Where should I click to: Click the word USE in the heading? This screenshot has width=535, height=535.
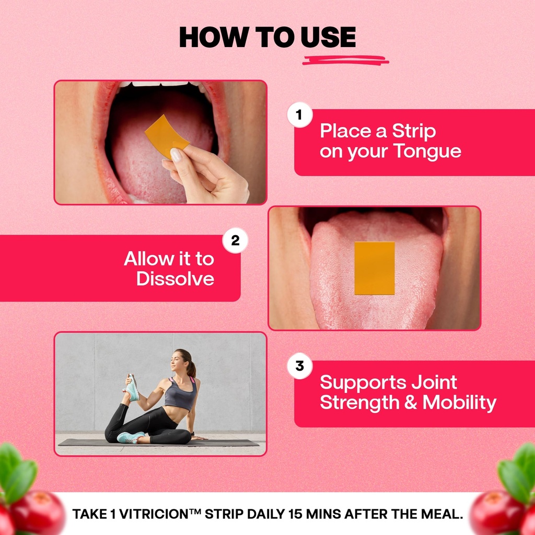click(x=328, y=37)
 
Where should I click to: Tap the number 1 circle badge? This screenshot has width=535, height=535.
click(x=299, y=115)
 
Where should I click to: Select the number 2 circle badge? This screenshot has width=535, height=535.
click(x=235, y=240)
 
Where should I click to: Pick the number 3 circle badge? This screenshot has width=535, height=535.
click(x=299, y=366)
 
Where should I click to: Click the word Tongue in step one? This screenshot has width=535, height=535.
click(x=427, y=151)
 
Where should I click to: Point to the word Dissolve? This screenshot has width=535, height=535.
click(x=176, y=278)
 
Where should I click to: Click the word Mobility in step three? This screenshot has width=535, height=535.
click(x=459, y=403)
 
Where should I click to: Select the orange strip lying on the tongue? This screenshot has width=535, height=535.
click(x=374, y=268)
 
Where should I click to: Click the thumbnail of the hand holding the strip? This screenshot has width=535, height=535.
click(x=160, y=142)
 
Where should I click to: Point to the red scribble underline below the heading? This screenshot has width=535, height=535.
click(x=345, y=61)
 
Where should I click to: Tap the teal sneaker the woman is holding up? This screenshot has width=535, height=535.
click(x=132, y=388)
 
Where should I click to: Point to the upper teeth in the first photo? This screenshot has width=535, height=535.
click(x=160, y=84)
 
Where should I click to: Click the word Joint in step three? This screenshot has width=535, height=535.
click(x=434, y=382)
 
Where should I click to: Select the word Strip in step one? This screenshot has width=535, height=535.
click(x=414, y=131)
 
